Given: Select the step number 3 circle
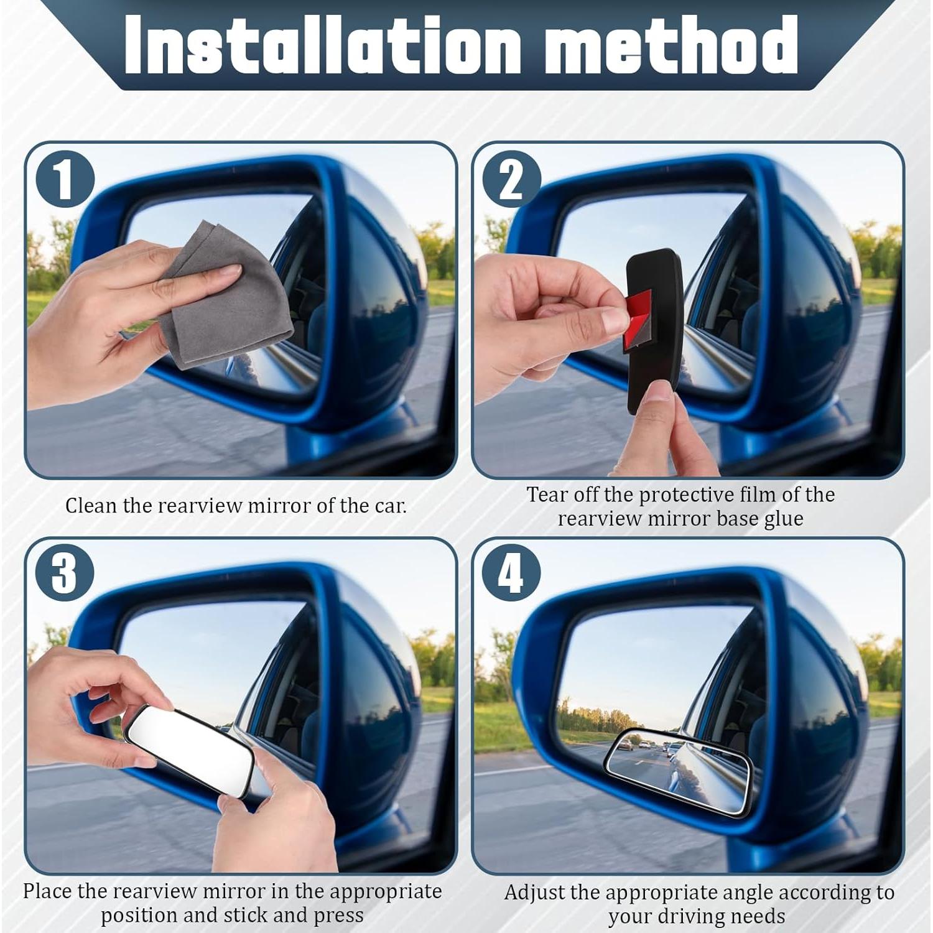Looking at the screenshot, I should (65, 572).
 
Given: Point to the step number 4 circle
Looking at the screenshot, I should (511, 572).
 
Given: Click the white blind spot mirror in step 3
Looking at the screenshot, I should (187, 750).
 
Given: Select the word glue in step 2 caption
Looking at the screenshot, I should (784, 519).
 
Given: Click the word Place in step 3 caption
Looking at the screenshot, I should (47, 891).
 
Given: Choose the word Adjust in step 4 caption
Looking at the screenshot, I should (535, 893).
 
